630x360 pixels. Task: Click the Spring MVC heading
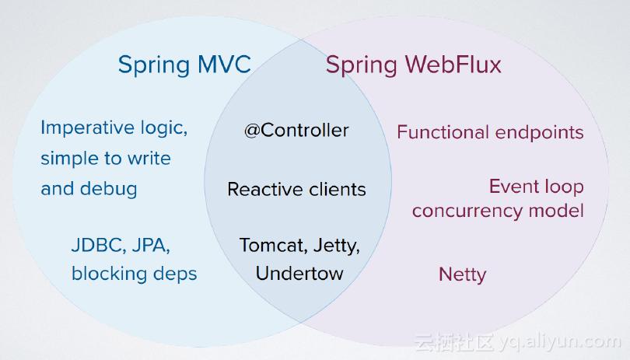(184, 64)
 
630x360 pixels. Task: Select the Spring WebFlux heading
(413, 64)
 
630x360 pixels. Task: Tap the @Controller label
(296, 131)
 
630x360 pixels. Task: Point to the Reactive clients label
(296, 189)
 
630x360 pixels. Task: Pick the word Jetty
(336, 246)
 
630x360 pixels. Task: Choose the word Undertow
(299, 274)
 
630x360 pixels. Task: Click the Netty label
(462, 274)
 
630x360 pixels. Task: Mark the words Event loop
(536, 187)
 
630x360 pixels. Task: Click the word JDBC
(96, 246)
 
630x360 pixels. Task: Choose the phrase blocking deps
(134, 274)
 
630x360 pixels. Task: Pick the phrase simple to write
(105, 159)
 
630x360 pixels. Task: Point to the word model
(558, 210)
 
